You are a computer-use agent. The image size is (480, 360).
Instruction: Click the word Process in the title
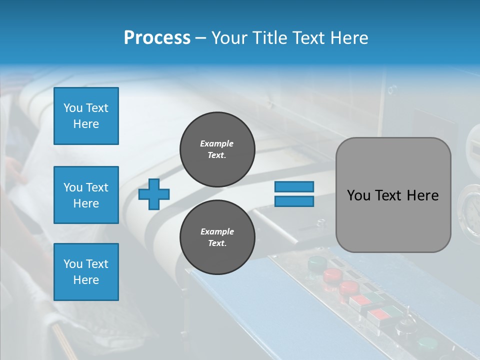pyautogui.click(x=157, y=37)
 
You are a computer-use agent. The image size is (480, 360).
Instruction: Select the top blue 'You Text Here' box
pyautogui.click(x=86, y=116)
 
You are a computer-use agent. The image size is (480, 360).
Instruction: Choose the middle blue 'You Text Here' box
pyautogui.click(x=86, y=195)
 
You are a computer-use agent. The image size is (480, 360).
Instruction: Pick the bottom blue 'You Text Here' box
pyautogui.click(x=86, y=272)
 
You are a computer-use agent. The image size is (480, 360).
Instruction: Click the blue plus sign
pyautogui.click(x=154, y=194)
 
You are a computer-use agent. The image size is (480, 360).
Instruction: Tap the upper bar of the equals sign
pyautogui.click(x=294, y=186)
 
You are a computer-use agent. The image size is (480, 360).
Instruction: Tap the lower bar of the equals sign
pyautogui.click(x=294, y=201)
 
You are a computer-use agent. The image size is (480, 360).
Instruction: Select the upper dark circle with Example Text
pyautogui.click(x=217, y=149)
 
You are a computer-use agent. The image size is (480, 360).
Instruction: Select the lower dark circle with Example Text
pyautogui.click(x=217, y=237)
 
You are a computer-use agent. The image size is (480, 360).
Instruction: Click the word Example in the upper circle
pyautogui.click(x=216, y=143)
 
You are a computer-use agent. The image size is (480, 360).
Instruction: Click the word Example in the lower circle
pyautogui.click(x=217, y=231)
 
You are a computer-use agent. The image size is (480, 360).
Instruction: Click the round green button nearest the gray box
pyautogui.click(x=316, y=262)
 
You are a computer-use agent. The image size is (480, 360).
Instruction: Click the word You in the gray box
pyautogui.click(x=358, y=195)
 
